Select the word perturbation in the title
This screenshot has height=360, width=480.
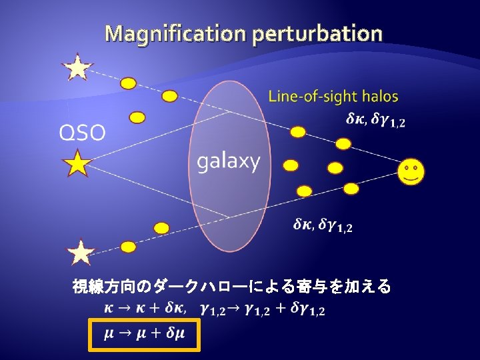click(x=317, y=33)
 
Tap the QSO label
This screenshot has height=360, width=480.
click(x=82, y=133)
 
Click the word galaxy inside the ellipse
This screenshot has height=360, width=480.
click(x=228, y=161)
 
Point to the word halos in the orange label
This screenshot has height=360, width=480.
click(x=378, y=97)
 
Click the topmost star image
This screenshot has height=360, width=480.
click(x=77, y=67)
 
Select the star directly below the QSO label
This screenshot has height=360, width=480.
click(x=77, y=163)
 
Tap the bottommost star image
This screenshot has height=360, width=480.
click(x=81, y=253)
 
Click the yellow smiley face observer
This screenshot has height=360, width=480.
click(x=411, y=172)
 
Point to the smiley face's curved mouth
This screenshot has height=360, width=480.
click(x=411, y=177)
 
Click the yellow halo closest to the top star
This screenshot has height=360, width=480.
click(x=128, y=83)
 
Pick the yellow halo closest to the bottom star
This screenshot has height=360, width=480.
click(x=128, y=247)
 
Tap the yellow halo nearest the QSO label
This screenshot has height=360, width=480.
click(x=137, y=118)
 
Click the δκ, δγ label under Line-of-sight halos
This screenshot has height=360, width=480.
click(x=375, y=120)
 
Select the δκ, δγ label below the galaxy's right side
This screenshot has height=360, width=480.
click(x=323, y=225)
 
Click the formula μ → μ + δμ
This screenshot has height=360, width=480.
click(x=144, y=333)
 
